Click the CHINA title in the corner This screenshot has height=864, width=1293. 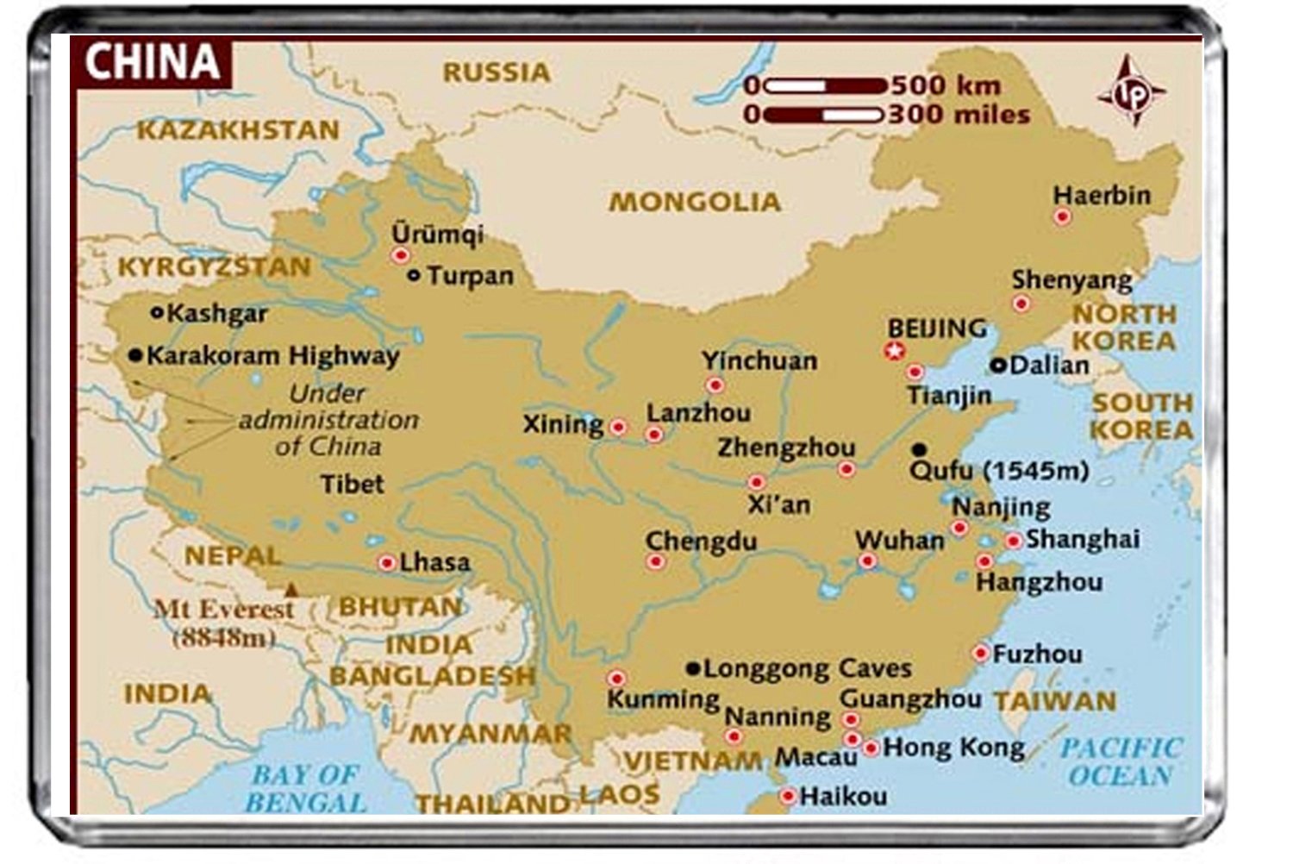point(152,62)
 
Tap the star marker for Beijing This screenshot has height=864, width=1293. point(894,351)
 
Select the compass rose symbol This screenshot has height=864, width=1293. point(1132,92)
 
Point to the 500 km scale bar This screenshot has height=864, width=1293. point(825,85)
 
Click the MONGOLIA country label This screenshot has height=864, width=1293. point(695,203)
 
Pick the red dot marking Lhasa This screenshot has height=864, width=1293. point(387,563)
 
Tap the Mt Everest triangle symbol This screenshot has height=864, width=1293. point(292,590)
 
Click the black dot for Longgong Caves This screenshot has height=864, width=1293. point(692,668)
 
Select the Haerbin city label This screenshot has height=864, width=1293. point(1102,196)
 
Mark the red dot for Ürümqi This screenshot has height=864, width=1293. point(400,255)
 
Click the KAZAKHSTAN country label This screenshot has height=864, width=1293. point(238,130)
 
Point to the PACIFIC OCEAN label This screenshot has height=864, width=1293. point(1120,761)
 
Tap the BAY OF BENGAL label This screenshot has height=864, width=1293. point(306,788)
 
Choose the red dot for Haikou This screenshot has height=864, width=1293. point(787,797)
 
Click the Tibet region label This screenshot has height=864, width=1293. point(353,484)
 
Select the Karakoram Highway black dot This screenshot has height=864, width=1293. point(134,355)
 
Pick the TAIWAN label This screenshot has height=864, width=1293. point(1054,701)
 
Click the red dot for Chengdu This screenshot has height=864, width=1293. point(655,562)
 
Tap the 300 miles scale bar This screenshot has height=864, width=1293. point(823,115)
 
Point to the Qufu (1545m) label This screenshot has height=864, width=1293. point(999,471)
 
